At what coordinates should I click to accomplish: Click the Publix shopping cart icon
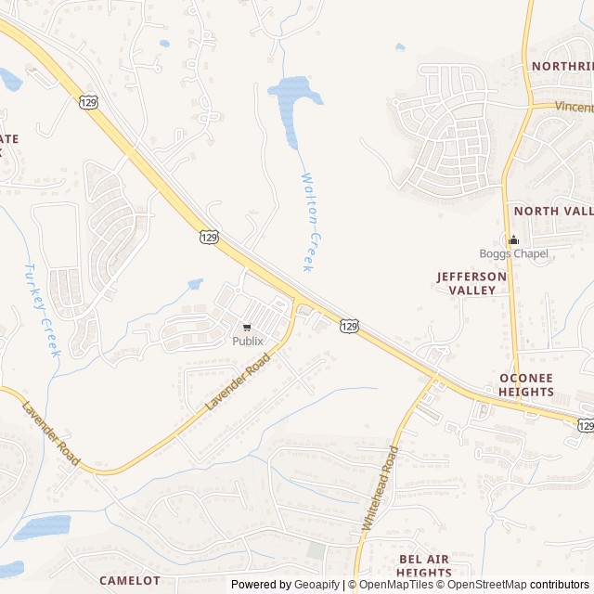coord(247,327)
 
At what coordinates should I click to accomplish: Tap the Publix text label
coord(248,341)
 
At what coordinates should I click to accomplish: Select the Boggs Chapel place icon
coord(513,240)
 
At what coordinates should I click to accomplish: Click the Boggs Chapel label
coord(513,254)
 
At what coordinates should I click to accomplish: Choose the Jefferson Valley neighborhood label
coord(472,283)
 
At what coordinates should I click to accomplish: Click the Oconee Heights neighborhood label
coord(526,385)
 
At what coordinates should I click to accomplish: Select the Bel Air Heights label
coord(424,565)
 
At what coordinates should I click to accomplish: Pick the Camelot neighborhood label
coord(129,580)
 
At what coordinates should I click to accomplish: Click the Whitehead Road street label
coord(380,488)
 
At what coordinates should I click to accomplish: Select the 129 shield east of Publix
coord(349,325)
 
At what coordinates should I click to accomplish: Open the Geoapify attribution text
coord(286,585)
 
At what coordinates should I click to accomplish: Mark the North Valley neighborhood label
coord(553,211)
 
